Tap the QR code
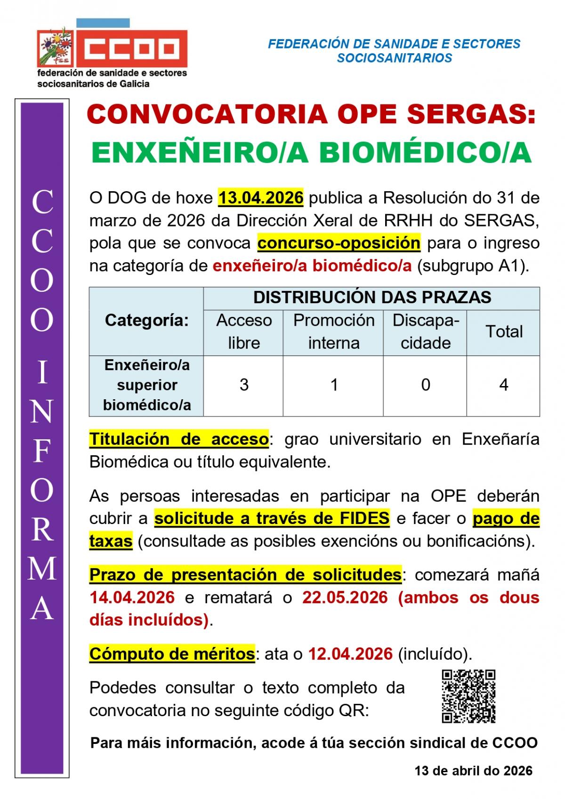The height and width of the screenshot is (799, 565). (468, 696)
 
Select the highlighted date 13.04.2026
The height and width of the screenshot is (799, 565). (260, 197)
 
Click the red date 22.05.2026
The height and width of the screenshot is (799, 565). (345, 597)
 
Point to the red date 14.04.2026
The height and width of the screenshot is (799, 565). (132, 597)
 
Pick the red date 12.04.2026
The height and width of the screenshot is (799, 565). (350, 654)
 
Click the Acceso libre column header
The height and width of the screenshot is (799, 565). (243, 331)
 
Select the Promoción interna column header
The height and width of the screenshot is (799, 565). (333, 331)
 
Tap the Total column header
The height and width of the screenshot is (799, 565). (504, 331)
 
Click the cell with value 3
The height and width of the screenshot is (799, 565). (243, 385)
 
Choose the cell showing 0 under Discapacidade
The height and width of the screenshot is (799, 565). (425, 385)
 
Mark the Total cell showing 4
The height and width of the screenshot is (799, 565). (503, 385)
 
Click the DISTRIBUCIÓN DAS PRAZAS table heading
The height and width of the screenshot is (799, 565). (372, 298)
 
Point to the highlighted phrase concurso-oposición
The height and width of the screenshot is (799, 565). (339, 243)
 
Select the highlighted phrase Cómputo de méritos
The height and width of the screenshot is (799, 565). (172, 654)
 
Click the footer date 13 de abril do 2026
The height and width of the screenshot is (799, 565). (473, 771)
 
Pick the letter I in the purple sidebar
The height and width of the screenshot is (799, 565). (42, 373)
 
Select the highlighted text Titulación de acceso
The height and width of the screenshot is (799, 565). (179, 439)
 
